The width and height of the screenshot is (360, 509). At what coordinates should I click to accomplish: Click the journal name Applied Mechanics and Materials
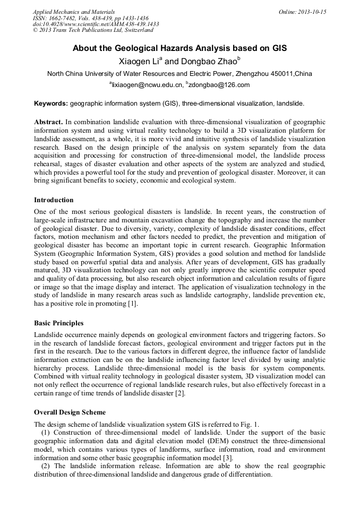click(x=74, y=11)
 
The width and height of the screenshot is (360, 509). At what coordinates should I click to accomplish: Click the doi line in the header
click(x=96, y=24)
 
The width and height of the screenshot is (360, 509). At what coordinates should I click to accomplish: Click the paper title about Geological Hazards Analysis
click(x=179, y=48)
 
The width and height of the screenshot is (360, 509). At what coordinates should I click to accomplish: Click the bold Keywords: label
click(x=51, y=103)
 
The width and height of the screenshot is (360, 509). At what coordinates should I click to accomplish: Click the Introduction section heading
click(x=54, y=200)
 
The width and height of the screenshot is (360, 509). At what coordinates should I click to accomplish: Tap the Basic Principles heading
click(x=58, y=323)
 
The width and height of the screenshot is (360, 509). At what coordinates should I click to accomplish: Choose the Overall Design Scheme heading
click(x=70, y=412)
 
